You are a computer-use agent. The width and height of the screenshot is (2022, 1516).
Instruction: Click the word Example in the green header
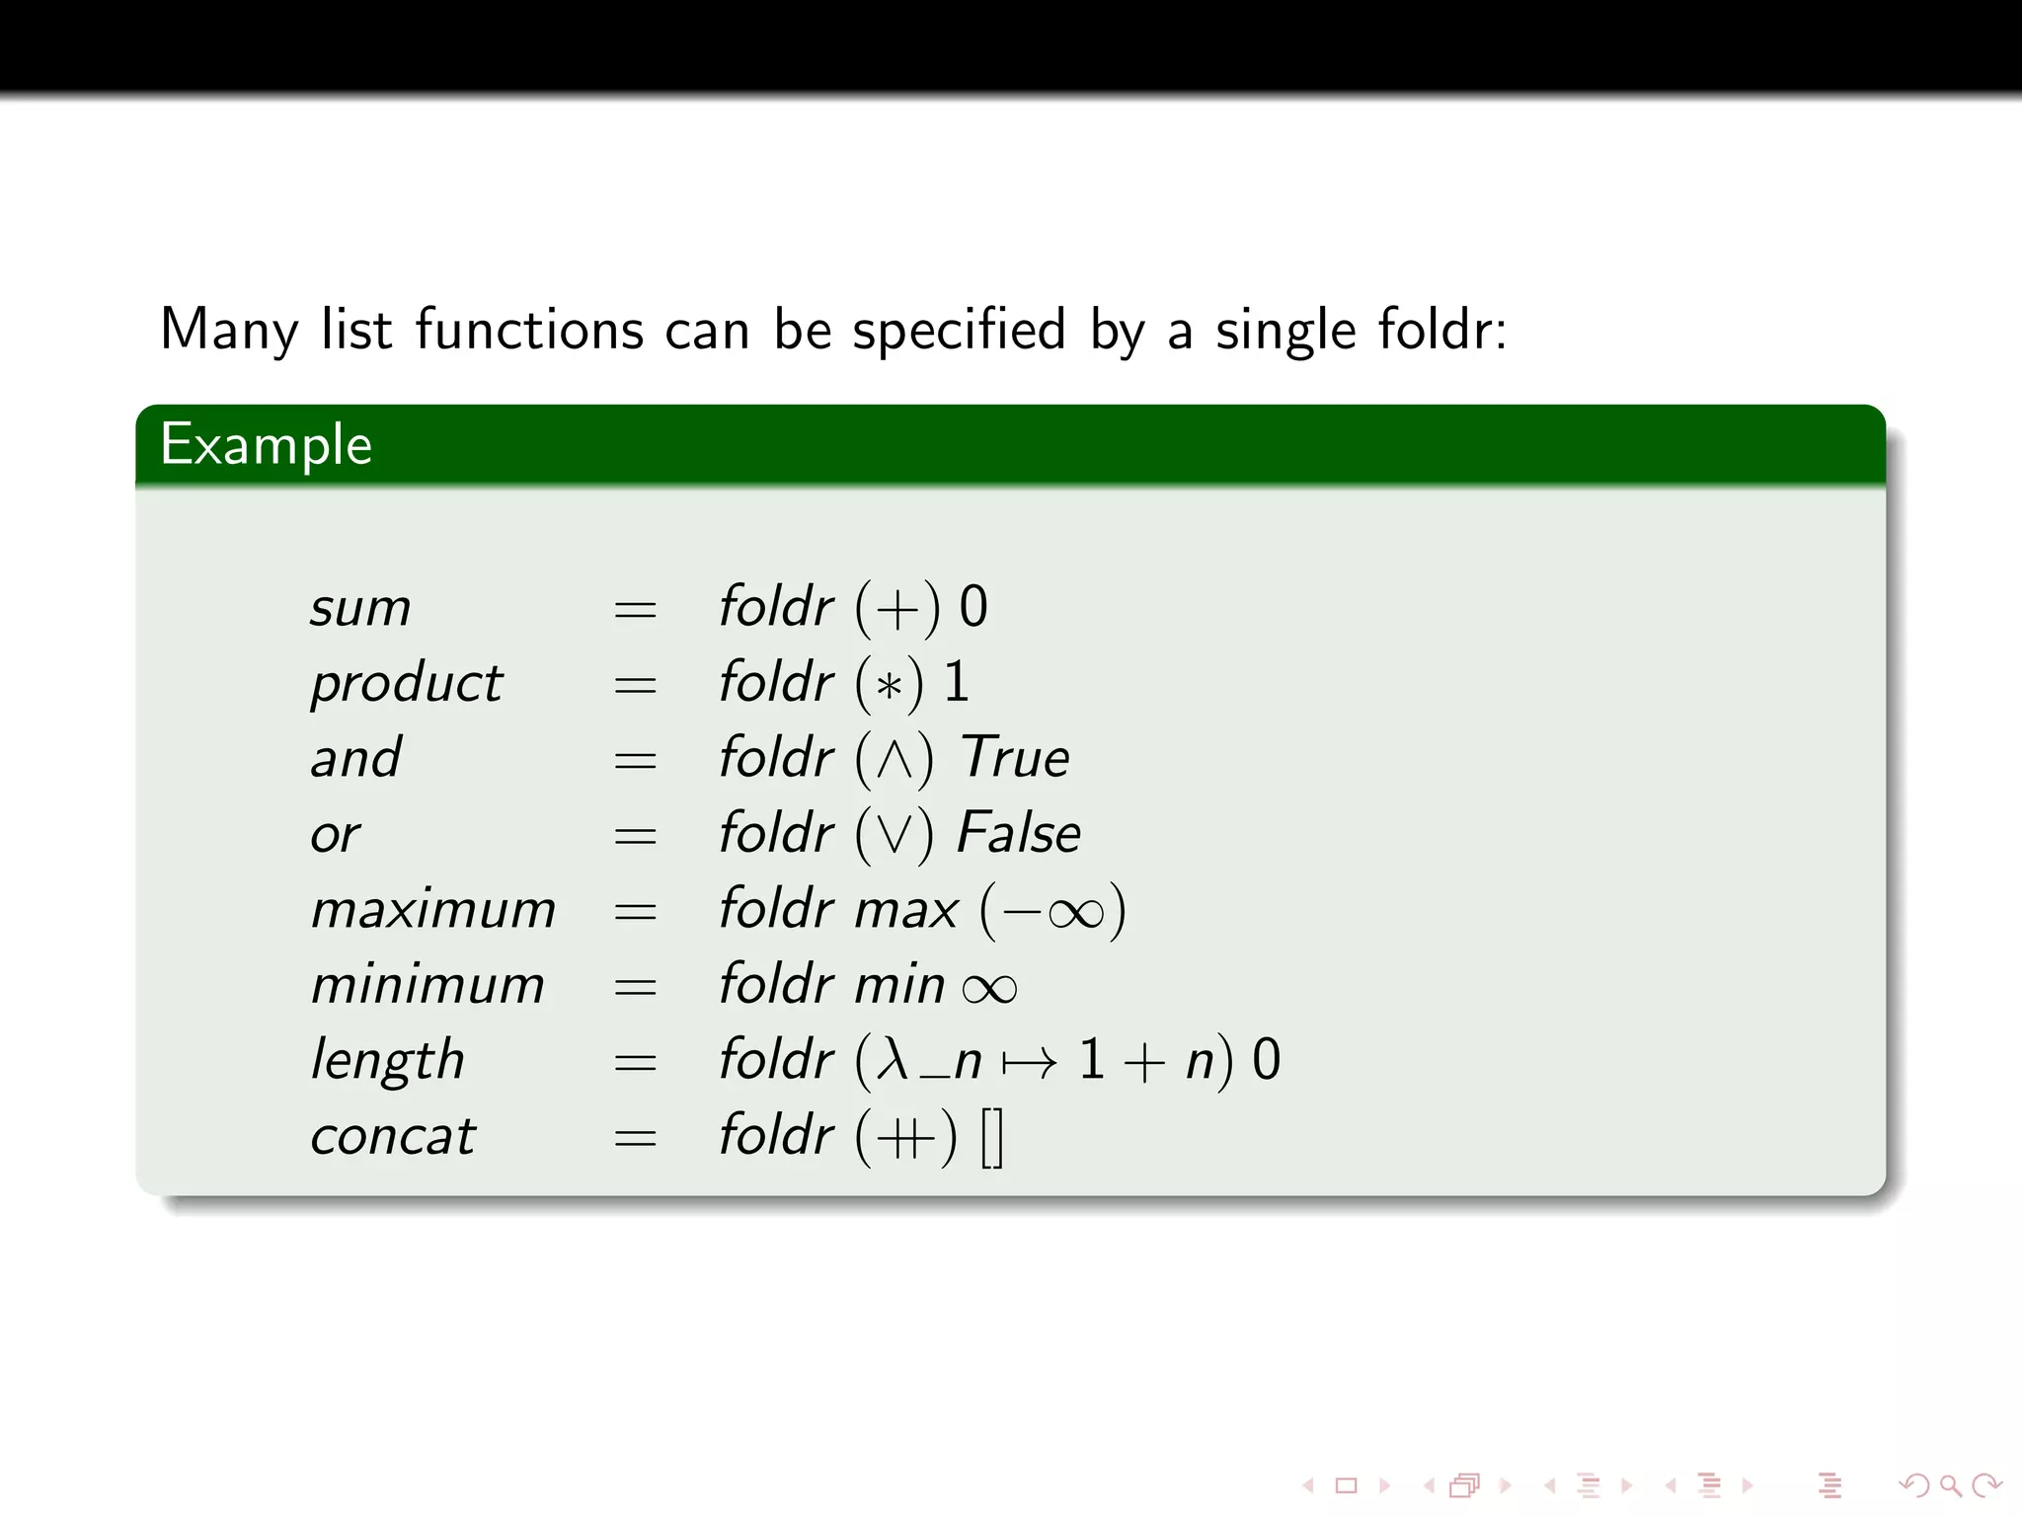click(266, 445)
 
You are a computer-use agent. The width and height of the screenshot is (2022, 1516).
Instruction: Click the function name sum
click(360, 607)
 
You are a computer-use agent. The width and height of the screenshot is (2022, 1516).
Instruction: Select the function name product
click(407, 683)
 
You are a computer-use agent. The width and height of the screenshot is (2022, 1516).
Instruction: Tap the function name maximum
click(433, 909)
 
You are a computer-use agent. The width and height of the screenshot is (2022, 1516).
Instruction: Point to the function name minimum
click(428, 985)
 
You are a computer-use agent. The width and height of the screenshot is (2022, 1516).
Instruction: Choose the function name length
click(387, 1061)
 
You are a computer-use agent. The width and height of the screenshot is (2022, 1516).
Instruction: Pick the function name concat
click(393, 1136)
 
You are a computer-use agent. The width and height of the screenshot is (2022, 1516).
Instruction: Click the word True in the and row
click(1015, 758)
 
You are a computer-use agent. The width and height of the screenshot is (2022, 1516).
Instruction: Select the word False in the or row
click(1019, 833)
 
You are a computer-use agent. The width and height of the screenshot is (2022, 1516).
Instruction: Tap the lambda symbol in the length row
click(894, 1060)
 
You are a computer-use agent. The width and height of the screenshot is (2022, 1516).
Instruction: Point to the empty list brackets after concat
click(992, 1137)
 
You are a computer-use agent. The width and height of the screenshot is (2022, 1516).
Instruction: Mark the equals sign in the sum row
click(635, 609)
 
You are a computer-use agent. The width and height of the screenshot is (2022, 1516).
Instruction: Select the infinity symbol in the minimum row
click(989, 988)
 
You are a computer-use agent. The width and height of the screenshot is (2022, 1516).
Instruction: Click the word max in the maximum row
click(906, 910)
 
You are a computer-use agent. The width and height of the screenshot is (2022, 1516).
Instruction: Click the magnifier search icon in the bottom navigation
click(1950, 1484)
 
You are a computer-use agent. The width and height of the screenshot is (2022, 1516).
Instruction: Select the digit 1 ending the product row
click(956, 682)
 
